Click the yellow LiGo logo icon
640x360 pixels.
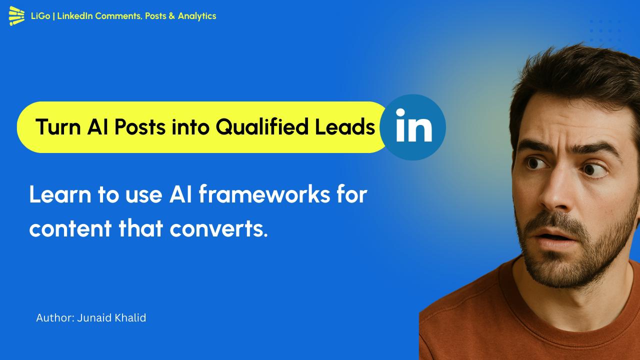(16, 15)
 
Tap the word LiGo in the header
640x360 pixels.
(40, 16)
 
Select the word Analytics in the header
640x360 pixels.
(197, 16)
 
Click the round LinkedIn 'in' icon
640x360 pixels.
(413, 127)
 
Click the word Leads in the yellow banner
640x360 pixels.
(345, 127)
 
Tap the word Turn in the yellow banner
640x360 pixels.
(58, 127)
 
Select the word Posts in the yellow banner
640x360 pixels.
(140, 127)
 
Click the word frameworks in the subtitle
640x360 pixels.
(264, 194)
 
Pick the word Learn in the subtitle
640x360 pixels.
(60, 194)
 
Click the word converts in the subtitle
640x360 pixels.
(218, 228)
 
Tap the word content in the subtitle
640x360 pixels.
(70, 228)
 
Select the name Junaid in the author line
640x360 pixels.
(94, 318)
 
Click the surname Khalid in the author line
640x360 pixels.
(130, 317)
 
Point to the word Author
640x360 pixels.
(55, 318)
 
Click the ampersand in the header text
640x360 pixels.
(171, 16)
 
